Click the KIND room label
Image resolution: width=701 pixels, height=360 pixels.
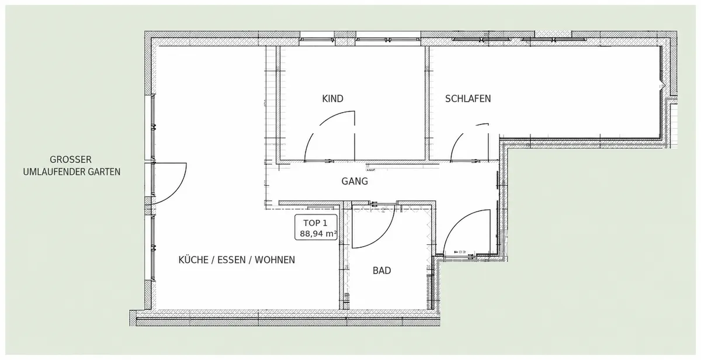pos(332,99)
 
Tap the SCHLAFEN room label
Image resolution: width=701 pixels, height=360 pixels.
pos(468,99)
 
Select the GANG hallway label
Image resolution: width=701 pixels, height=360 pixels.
pos(355,181)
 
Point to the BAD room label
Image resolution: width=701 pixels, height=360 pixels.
pos(382,271)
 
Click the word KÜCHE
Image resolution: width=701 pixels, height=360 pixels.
pos(193,260)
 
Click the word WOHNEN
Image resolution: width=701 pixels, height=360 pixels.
pos(275,260)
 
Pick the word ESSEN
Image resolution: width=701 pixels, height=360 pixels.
pos(231,260)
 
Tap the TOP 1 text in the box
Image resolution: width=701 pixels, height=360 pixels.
pos(315,223)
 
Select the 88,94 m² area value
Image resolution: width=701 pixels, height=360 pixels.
pos(318,234)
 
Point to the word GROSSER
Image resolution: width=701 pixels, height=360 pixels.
pos(71,160)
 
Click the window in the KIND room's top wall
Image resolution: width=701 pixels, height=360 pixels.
pos(317,39)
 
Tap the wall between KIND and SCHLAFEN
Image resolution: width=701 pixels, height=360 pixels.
pos(427,103)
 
